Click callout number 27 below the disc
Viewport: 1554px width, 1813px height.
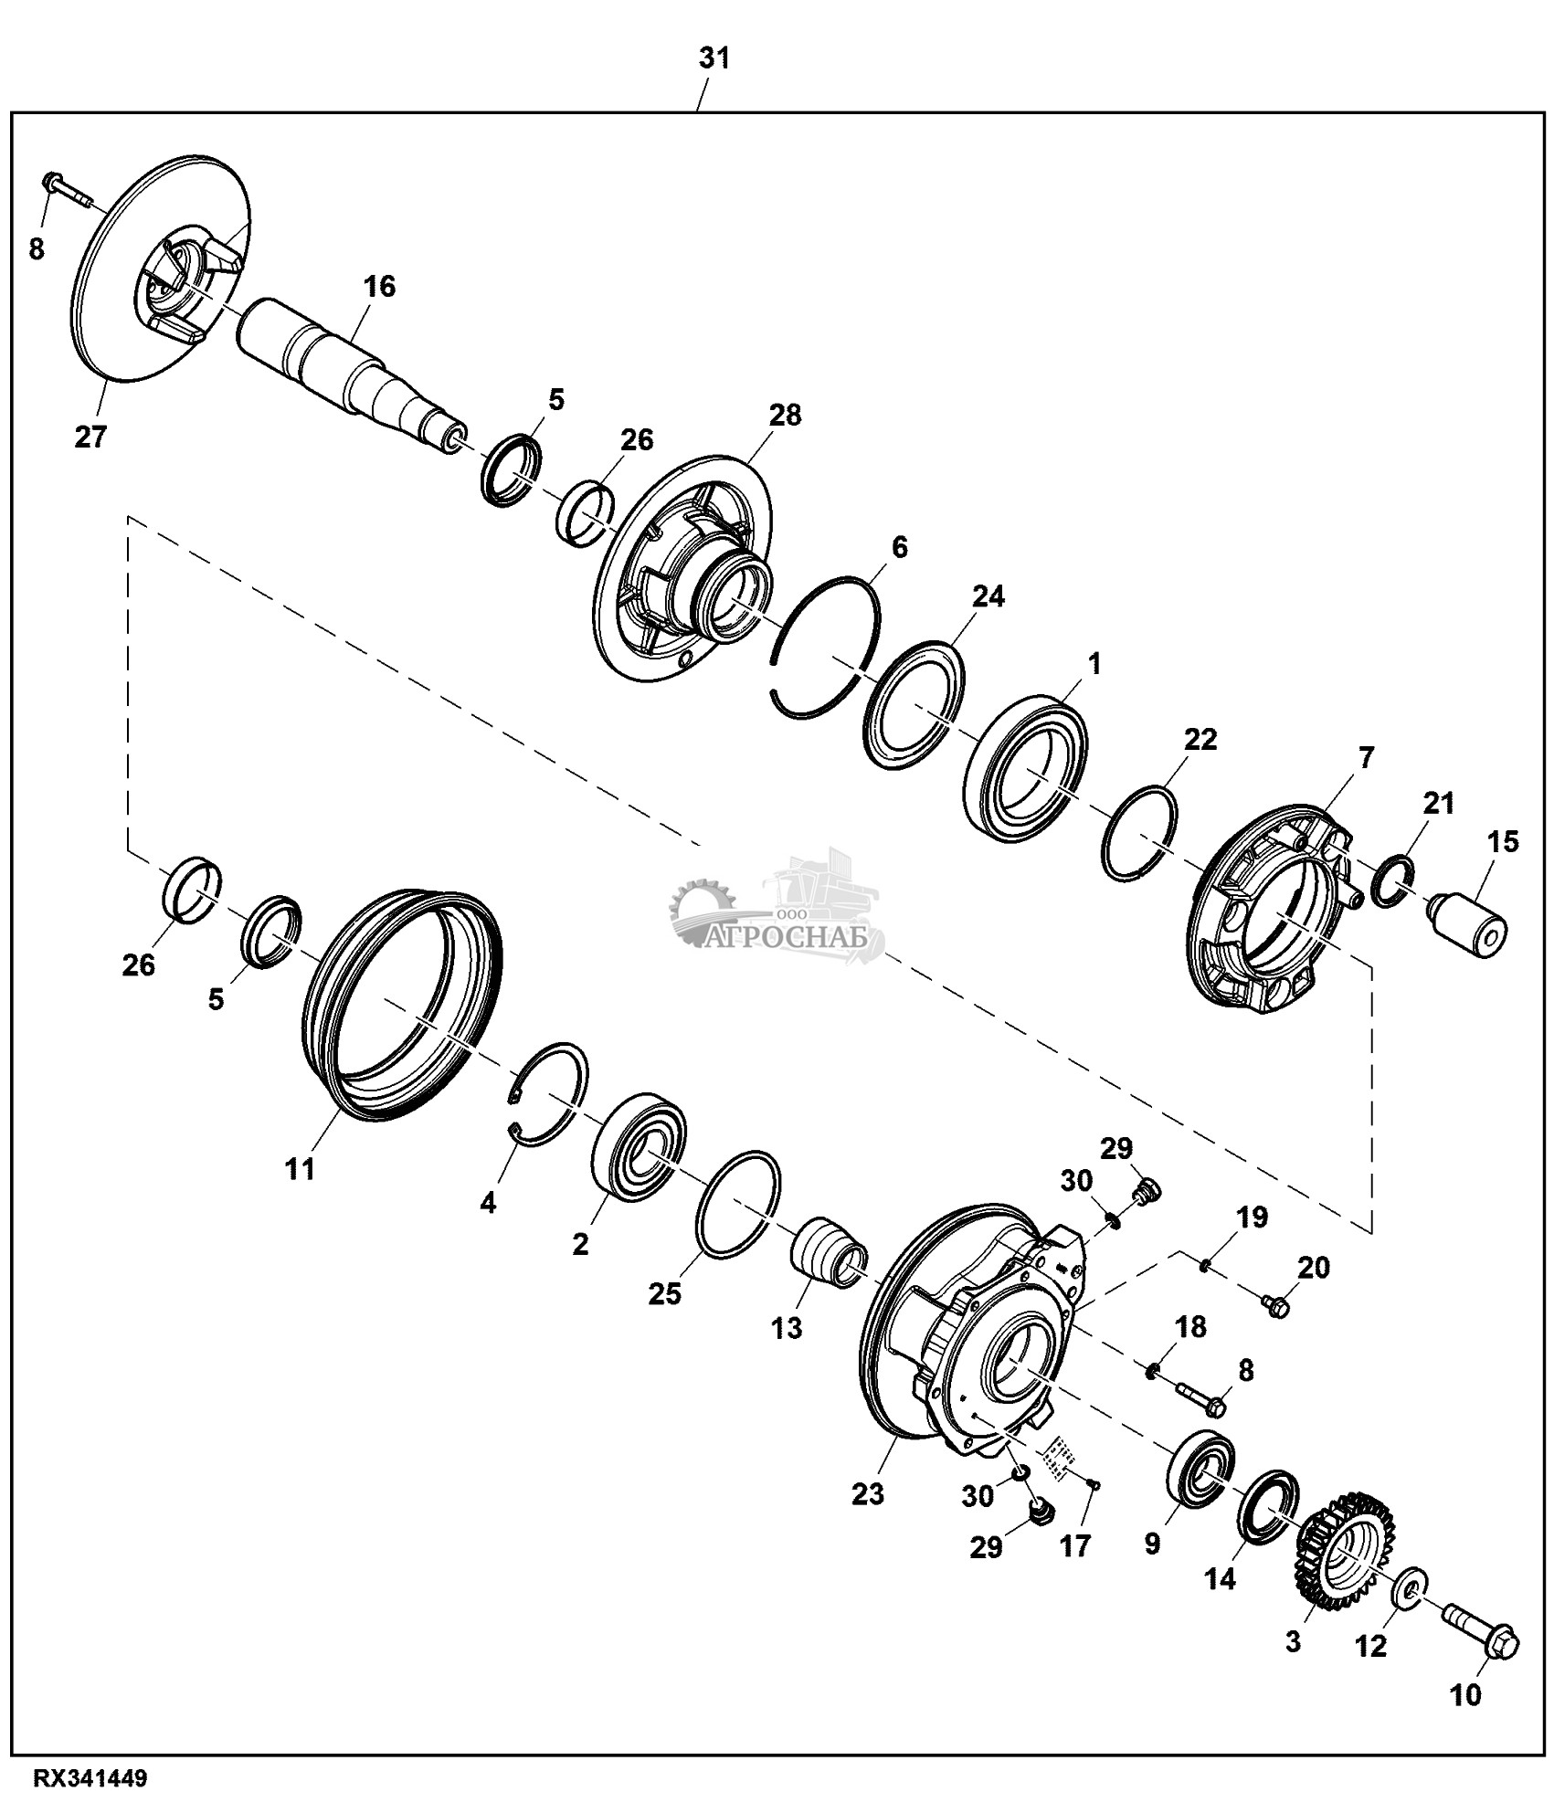point(90,436)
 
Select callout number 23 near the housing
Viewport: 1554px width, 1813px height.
point(868,1494)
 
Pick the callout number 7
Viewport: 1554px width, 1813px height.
point(1366,757)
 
